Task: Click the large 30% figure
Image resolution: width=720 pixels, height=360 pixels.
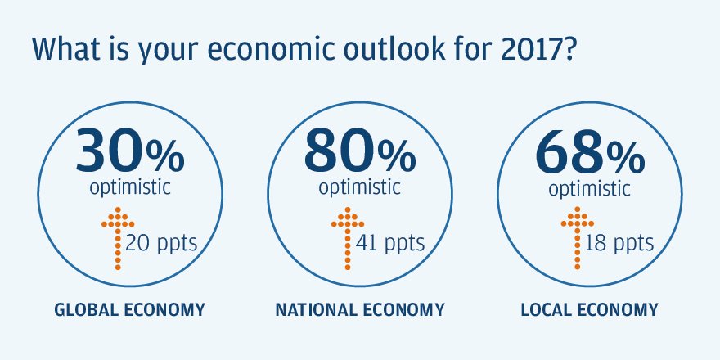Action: click(129, 148)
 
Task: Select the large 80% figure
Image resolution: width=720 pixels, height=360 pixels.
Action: click(360, 148)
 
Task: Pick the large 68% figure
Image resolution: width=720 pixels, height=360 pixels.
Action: click(589, 148)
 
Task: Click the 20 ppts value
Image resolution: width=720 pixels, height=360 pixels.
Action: click(161, 244)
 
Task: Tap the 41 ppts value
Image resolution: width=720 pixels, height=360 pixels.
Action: click(391, 244)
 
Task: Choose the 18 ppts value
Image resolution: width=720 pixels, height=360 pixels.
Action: click(619, 244)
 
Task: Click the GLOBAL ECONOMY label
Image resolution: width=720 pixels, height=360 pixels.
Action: click(129, 310)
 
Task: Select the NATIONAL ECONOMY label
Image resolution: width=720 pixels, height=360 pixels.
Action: click(360, 310)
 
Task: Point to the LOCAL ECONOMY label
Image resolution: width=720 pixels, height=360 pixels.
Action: click(589, 310)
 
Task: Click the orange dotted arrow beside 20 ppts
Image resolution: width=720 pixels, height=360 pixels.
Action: click(118, 238)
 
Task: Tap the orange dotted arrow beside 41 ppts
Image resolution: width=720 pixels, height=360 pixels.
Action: click(348, 238)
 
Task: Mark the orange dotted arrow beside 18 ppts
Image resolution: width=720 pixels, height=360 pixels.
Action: click(577, 238)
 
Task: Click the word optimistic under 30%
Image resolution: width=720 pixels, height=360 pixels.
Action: click(129, 187)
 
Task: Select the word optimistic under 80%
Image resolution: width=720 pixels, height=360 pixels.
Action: click(360, 187)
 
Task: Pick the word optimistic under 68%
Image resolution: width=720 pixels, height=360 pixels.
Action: click(589, 187)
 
